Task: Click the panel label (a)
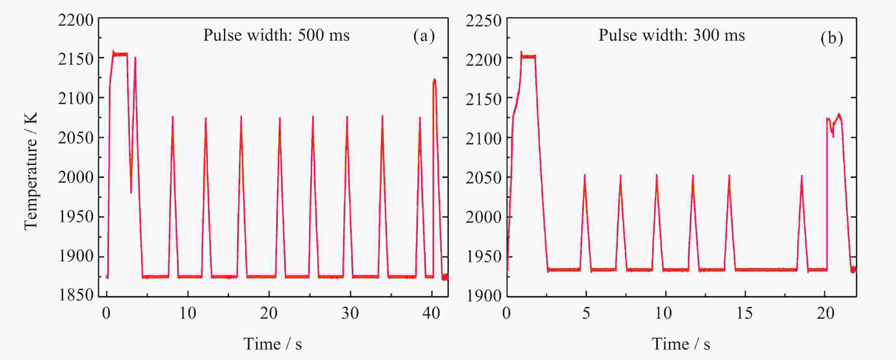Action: click(424, 36)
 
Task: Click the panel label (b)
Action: click(831, 38)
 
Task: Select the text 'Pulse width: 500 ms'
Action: click(276, 35)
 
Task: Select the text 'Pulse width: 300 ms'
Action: click(671, 35)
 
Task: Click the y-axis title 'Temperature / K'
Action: click(31, 171)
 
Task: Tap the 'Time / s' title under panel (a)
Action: click(272, 344)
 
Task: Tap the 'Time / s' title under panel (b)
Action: click(681, 344)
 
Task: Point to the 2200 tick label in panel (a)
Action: click(75, 20)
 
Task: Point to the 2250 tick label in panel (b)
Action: click(483, 21)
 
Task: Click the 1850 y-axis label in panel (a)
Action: click(76, 295)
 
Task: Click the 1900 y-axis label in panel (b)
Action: click(483, 296)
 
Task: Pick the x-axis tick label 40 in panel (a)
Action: click(431, 313)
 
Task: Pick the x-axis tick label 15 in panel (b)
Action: click(744, 313)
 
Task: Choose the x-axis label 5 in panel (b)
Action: click(586, 313)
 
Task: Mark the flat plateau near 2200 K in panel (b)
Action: click(528, 56)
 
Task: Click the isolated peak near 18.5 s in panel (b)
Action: click(802, 177)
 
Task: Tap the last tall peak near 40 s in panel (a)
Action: click(434, 80)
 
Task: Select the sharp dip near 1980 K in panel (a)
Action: click(131, 192)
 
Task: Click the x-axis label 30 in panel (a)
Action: click(350, 313)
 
